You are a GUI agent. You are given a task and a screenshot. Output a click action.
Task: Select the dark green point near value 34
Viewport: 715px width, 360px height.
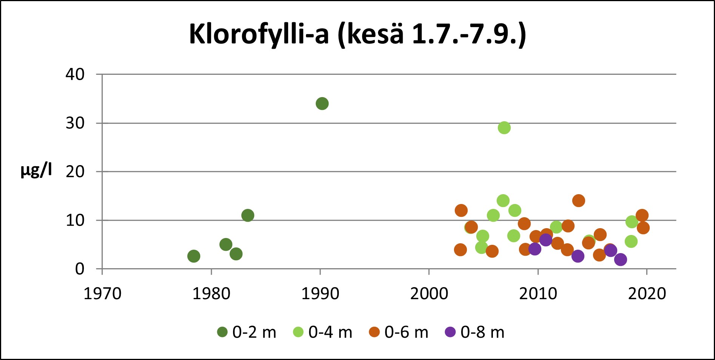pos(322,104)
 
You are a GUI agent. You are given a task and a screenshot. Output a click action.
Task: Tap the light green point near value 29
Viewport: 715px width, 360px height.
pos(504,128)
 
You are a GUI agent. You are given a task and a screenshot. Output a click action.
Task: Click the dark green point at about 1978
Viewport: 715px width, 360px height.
pos(193,256)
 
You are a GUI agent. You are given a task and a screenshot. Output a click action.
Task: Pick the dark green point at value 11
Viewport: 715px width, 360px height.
pos(247,216)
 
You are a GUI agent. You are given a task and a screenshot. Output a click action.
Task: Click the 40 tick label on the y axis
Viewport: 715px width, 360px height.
pos(75,74)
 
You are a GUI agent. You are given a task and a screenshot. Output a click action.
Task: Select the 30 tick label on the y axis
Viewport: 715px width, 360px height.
pos(75,123)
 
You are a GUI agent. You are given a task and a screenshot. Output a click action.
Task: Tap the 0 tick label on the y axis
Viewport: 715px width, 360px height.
pos(80,269)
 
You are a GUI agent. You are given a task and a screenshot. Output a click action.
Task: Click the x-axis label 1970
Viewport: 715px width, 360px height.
pos(102,294)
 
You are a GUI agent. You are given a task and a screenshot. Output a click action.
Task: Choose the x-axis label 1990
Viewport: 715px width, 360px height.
pos(320,294)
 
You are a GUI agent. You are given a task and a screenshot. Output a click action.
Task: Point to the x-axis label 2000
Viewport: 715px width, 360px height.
pos(429,294)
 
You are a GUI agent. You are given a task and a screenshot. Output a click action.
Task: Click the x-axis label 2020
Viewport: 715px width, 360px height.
pos(647,294)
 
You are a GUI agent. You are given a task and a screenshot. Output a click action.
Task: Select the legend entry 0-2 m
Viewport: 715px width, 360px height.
pos(247,332)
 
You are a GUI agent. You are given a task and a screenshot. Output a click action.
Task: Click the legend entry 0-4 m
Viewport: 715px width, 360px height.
pos(323,332)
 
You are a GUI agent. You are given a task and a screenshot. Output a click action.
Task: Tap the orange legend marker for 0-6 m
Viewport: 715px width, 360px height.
pos(374,332)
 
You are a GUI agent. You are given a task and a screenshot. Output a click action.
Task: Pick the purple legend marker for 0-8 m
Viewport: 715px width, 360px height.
pos(450,332)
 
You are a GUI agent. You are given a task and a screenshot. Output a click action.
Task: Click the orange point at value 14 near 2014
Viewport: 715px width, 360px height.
pos(578,201)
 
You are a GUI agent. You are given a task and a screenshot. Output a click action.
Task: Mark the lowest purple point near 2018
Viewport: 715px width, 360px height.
pos(620,260)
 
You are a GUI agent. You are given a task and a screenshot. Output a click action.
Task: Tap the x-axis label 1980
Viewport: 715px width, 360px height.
pos(211,294)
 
